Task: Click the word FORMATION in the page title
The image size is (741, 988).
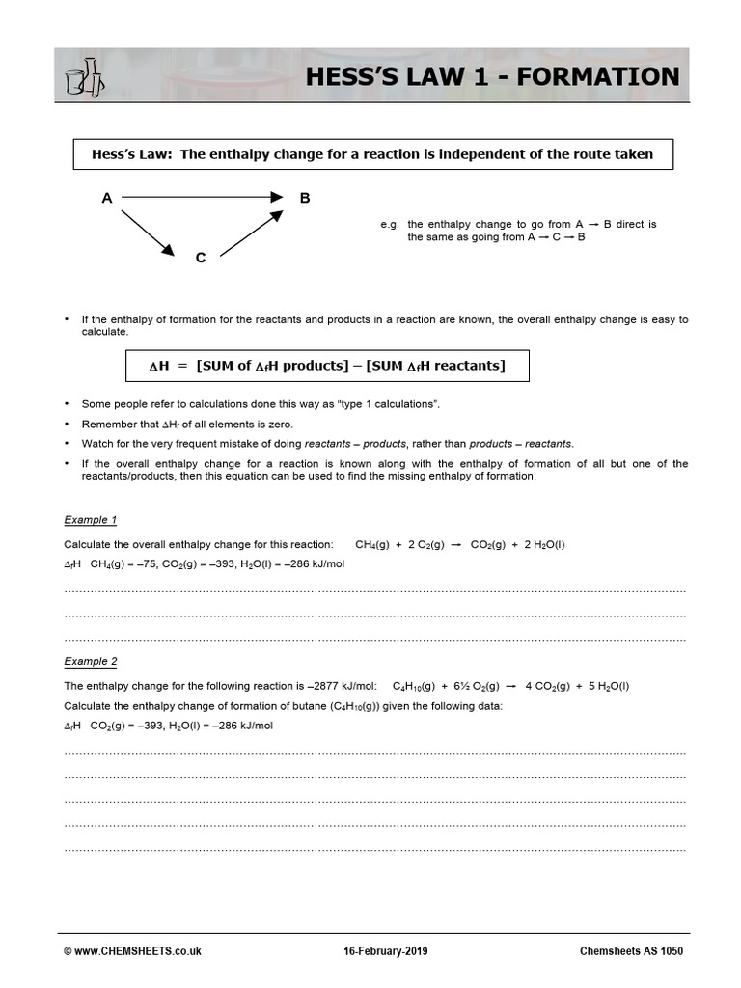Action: (598, 76)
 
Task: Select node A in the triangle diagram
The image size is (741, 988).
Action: (107, 198)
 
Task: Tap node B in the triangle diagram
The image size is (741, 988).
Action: (305, 198)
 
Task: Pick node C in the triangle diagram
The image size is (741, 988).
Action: (200, 259)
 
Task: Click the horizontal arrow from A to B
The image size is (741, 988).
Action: (203, 198)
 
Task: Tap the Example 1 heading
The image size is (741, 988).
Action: (90, 520)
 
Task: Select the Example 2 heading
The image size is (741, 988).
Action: (90, 661)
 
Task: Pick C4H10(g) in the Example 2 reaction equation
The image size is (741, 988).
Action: (416, 686)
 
